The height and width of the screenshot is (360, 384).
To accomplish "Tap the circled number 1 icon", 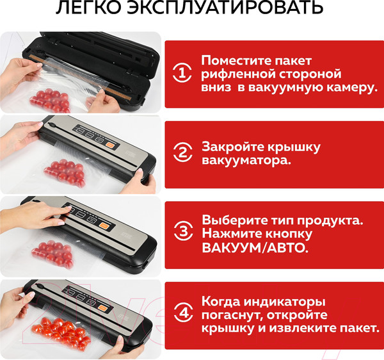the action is [x=182, y=73].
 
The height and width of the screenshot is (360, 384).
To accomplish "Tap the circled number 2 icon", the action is [x=182, y=152].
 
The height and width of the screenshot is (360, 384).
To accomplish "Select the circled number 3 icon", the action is [x=183, y=231].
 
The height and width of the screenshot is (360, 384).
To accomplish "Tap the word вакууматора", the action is [x=246, y=161].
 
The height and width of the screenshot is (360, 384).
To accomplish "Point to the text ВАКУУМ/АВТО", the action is [x=255, y=248].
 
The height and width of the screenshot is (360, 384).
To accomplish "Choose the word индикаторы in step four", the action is [x=285, y=302].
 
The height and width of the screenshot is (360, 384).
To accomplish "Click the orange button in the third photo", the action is [x=104, y=225].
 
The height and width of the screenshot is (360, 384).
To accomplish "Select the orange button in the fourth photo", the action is [x=102, y=307].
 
